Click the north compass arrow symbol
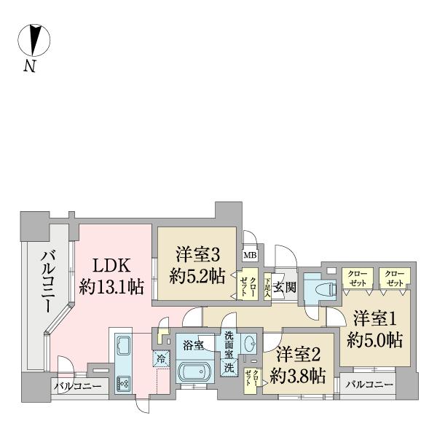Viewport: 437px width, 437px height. [34, 40]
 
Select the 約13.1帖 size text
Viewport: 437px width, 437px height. [111, 288]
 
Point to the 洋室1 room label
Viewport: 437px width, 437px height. [374, 319]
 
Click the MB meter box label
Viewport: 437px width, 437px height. [249, 255]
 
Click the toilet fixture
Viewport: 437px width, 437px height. [320, 289]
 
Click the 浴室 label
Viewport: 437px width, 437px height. [194, 343]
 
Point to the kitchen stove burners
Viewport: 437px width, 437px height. [122, 382]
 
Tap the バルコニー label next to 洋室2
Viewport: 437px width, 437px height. [369, 385]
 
